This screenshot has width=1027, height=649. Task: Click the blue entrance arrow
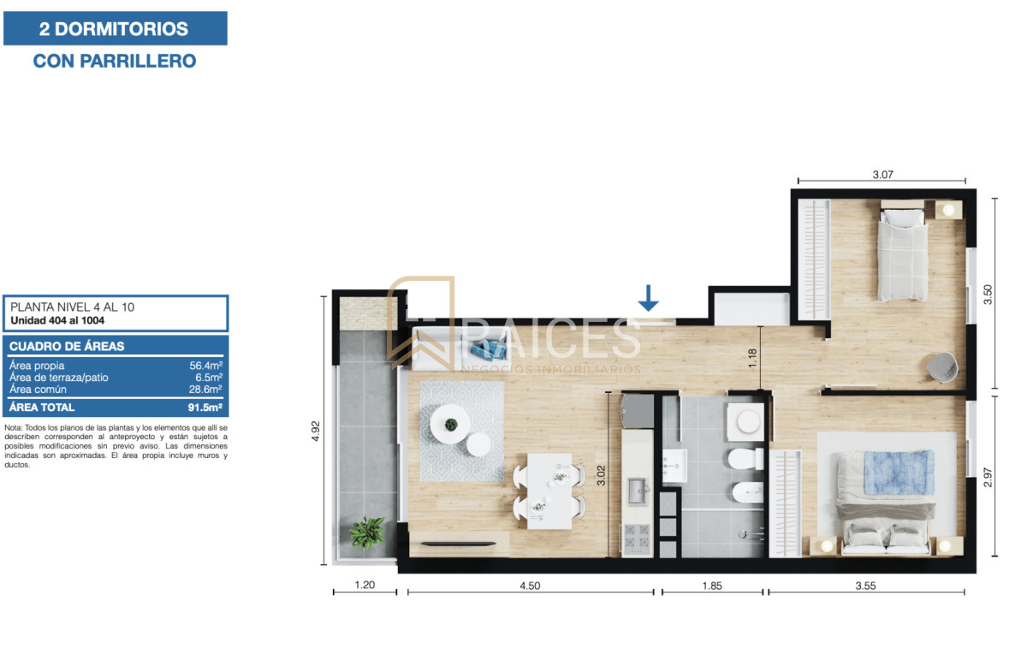[649, 297]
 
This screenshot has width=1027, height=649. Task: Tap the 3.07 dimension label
[882, 175]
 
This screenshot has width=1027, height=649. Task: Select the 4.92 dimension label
[316, 431]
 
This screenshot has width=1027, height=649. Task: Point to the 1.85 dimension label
[710, 586]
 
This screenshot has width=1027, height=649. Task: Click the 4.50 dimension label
[531, 586]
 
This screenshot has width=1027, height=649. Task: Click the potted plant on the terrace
[367, 532]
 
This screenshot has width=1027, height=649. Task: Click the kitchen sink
[637, 489]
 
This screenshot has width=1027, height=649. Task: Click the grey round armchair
[941, 366]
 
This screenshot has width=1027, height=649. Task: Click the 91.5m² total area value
[205, 408]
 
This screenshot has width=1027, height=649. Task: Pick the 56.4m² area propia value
[206, 366]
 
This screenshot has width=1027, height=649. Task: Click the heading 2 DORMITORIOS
[114, 29]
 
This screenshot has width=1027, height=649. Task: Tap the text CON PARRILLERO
[114, 61]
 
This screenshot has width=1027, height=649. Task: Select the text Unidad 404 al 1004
[57, 321]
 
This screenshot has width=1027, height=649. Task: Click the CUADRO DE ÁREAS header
[67, 347]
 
